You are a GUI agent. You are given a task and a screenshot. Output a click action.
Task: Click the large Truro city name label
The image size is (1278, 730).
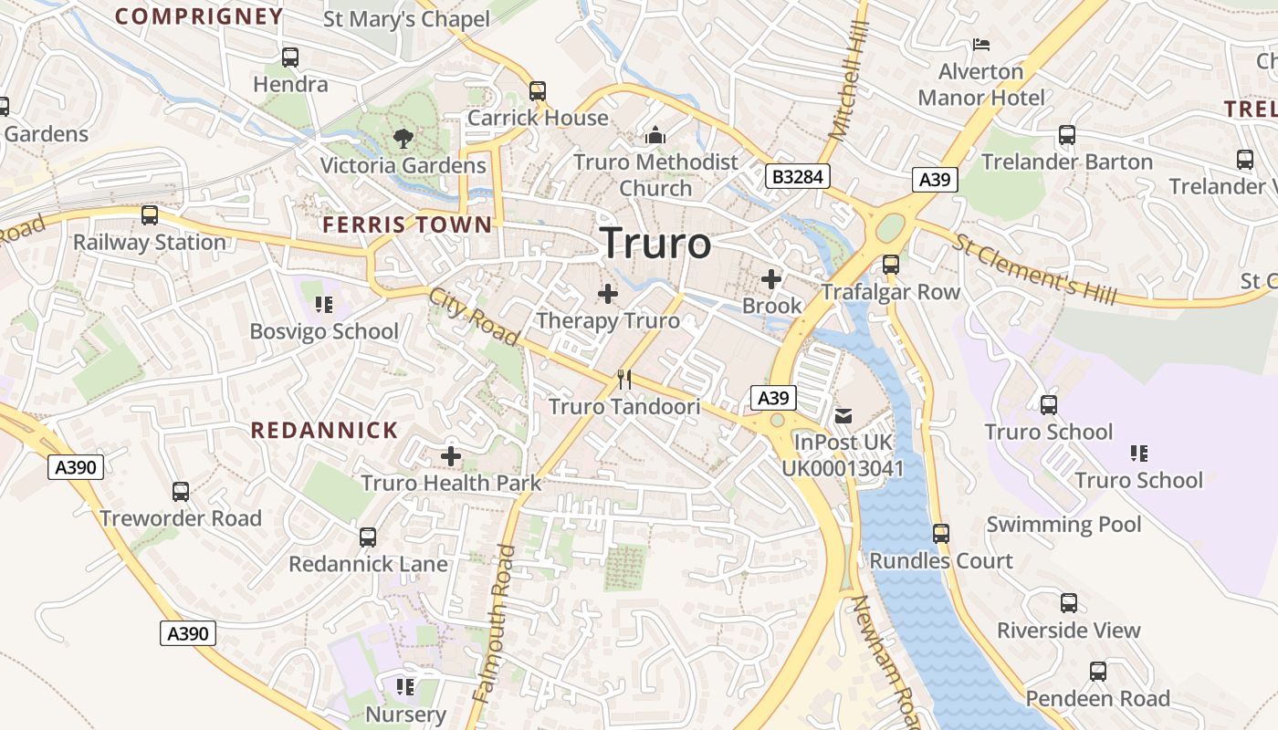655,244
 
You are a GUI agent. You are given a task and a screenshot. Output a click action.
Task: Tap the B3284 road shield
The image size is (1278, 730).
797,176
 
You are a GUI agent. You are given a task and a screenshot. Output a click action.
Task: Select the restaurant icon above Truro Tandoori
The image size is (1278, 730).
624,380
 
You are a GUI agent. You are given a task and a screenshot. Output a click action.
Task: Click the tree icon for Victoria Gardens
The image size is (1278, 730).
402,140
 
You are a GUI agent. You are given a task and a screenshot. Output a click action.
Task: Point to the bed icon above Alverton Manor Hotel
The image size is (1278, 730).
981,45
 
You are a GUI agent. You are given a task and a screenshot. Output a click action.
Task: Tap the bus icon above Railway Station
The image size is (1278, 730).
150,216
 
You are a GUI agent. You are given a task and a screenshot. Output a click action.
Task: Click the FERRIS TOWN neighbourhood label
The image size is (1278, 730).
407,224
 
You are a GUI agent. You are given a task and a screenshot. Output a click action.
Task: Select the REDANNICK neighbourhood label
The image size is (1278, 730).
324,431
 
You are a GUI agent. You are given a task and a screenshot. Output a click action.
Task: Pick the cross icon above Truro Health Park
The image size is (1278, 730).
451,456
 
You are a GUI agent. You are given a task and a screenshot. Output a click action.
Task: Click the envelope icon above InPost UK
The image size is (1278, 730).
843,416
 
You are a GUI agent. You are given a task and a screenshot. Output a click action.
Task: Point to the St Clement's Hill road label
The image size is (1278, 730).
1034,268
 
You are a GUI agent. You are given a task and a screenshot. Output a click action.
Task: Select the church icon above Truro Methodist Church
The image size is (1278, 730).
655,136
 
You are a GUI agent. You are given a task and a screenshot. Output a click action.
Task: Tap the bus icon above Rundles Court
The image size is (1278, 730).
941,534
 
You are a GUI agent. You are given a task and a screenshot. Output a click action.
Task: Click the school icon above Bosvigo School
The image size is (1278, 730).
323,304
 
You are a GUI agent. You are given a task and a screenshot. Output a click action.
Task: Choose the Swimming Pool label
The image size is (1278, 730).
1063,525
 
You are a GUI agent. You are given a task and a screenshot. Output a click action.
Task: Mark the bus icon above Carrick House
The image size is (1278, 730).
538,91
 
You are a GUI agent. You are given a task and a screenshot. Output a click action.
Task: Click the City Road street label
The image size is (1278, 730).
475,317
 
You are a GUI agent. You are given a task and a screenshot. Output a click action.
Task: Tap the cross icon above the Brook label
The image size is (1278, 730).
771,279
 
